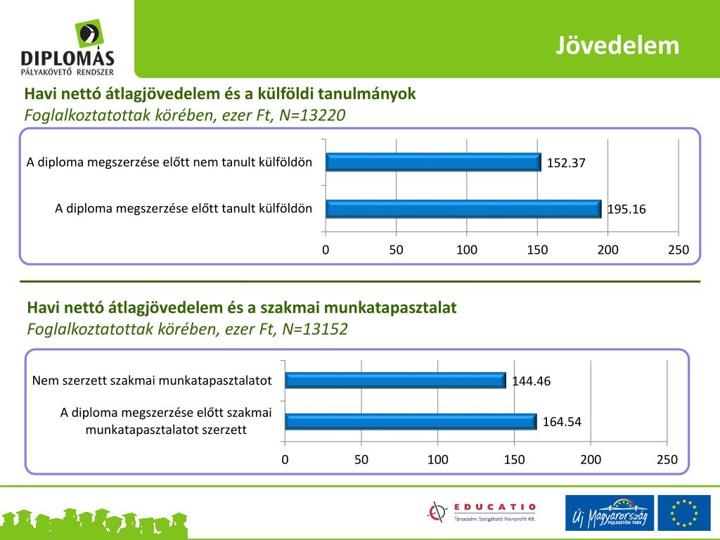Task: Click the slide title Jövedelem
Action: click(x=618, y=45)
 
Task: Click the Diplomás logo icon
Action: click(x=88, y=34)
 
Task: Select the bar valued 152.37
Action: click(x=433, y=162)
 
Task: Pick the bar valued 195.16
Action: click(x=463, y=209)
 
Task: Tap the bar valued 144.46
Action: click(x=395, y=380)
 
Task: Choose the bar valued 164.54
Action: click(x=411, y=422)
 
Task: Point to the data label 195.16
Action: click(x=626, y=210)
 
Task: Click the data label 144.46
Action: click(x=531, y=381)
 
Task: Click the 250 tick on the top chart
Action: click(x=679, y=250)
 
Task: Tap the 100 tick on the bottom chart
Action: click(x=437, y=460)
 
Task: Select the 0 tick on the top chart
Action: click(x=326, y=250)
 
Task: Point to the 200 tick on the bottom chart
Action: click(x=591, y=460)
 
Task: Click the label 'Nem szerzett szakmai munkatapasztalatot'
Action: click(x=152, y=380)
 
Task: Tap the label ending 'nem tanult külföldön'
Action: click(x=169, y=162)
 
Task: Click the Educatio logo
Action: click(x=482, y=512)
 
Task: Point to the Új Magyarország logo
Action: click(x=609, y=512)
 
